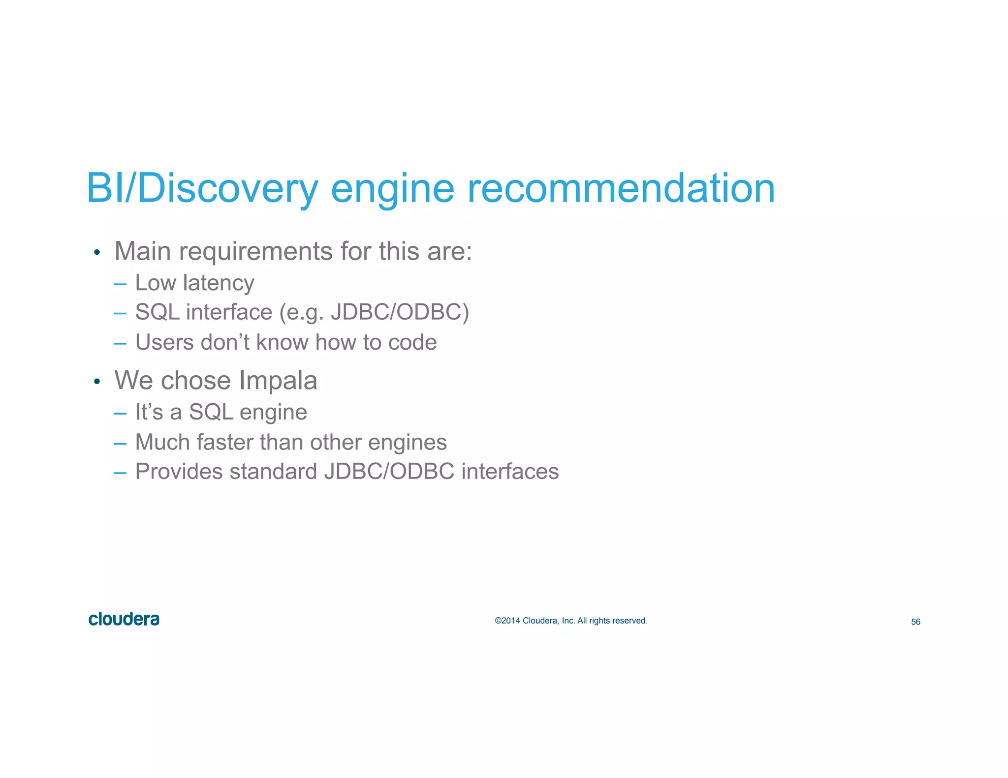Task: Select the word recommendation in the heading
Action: coord(621,188)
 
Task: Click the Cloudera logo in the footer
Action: coord(124,619)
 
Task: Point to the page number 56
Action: coord(915,622)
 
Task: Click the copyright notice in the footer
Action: coord(571,621)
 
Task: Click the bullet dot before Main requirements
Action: coord(97,253)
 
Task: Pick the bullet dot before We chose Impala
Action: coord(97,382)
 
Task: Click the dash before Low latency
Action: coord(120,284)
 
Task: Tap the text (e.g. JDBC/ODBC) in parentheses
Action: coord(374,312)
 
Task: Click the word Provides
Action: coord(179,472)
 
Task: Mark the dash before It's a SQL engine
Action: coord(120,413)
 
